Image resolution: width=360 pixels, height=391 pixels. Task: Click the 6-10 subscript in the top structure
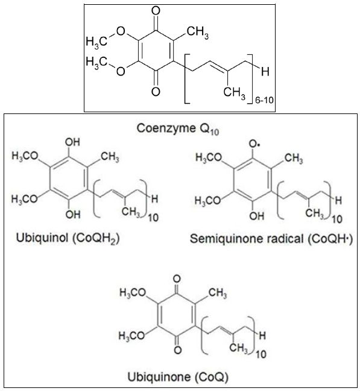coord(264,100)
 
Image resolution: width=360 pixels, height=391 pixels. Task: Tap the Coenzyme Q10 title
coord(178,129)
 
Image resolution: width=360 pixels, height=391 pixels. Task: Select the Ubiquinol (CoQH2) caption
coord(68,238)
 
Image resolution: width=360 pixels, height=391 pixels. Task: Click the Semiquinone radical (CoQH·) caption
coord(271,239)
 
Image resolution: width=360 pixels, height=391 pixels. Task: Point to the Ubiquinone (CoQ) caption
coord(178,377)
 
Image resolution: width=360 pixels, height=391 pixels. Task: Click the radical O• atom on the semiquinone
coord(254,144)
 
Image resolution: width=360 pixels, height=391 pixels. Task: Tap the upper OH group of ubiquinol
coord(72,142)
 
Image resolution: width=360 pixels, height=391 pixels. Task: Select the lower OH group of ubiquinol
coord(73,214)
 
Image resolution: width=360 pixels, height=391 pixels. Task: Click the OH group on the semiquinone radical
coord(257,215)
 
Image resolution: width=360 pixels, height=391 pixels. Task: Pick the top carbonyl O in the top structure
coord(156,11)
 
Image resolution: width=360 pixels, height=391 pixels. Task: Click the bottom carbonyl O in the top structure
coord(156,91)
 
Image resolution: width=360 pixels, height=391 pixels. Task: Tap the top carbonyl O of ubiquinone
coord(177,279)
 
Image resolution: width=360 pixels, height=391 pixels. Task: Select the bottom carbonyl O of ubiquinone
coord(177,350)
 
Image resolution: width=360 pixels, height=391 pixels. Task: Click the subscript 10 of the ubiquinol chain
coord(153,218)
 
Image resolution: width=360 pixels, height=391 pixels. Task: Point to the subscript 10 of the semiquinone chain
coord(337,219)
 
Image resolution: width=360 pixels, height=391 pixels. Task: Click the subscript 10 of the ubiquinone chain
coord(261,354)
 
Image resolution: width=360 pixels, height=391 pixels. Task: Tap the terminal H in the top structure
coord(265,72)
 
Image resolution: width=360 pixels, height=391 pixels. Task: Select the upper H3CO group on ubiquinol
coord(25,156)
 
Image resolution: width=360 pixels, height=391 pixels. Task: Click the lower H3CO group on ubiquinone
coord(131,335)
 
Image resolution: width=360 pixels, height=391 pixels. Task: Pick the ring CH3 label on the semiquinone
coord(294,158)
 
